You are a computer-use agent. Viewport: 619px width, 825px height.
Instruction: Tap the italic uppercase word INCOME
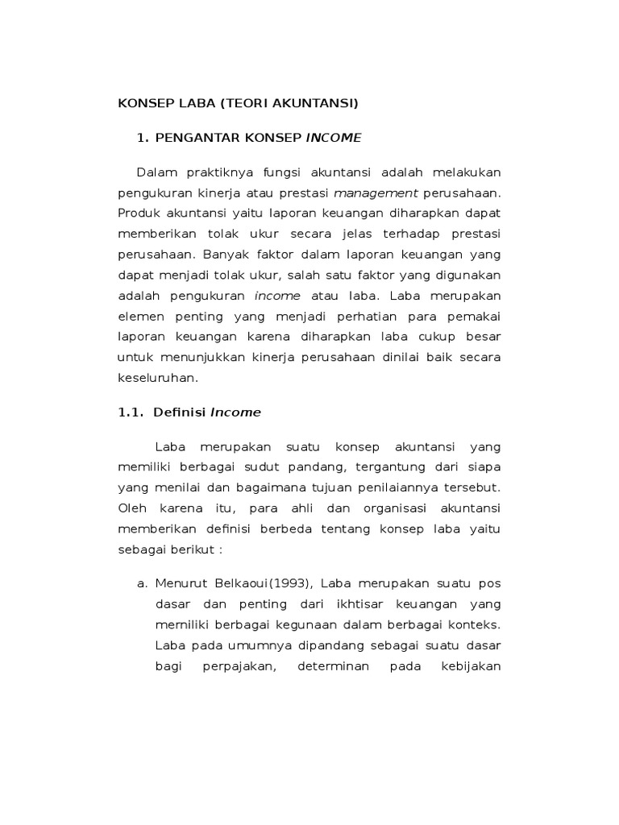(334, 138)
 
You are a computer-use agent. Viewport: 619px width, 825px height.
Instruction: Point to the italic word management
(376, 193)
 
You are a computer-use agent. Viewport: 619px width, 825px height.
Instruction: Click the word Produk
(139, 214)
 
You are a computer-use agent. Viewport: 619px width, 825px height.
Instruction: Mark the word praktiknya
(210, 173)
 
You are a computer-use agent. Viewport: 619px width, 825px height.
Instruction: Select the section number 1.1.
(131, 412)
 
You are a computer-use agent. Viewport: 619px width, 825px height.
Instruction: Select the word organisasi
(388, 508)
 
